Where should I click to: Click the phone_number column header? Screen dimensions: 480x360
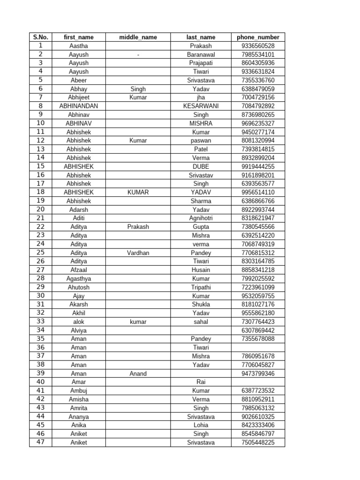pyautogui.click(x=258, y=37)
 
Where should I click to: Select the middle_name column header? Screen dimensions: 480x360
pyautogui.click(x=138, y=37)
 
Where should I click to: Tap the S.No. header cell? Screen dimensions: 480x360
pyautogui.click(x=41, y=37)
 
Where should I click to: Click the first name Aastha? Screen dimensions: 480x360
pyautogui.click(x=79, y=46)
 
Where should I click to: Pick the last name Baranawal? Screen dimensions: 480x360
pyautogui.click(x=201, y=54)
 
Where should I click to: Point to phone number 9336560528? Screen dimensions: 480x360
pyautogui.click(x=258, y=46)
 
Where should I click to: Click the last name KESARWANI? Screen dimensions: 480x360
pyautogui.click(x=201, y=106)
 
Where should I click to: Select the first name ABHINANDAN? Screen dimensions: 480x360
pyautogui.click(x=79, y=106)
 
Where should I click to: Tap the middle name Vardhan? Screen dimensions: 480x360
pyautogui.click(x=138, y=253)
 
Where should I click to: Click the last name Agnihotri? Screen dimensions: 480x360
pyautogui.click(x=201, y=218)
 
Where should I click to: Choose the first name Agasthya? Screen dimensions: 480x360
pyautogui.click(x=79, y=278)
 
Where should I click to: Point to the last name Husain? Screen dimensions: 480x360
pyautogui.click(x=201, y=270)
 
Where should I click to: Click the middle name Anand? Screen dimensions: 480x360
pyautogui.click(x=138, y=374)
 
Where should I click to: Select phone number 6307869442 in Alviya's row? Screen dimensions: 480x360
pyautogui.click(x=258, y=330)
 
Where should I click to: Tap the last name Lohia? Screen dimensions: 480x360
pyautogui.click(x=201, y=425)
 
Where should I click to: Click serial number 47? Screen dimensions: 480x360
pyautogui.click(x=41, y=442)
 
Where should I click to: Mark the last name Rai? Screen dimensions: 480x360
pyautogui.click(x=201, y=382)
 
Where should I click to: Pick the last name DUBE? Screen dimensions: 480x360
pyautogui.click(x=201, y=166)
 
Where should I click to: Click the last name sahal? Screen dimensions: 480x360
pyautogui.click(x=201, y=322)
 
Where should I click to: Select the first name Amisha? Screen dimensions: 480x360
pyautogui.click(x=79, y=399)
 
